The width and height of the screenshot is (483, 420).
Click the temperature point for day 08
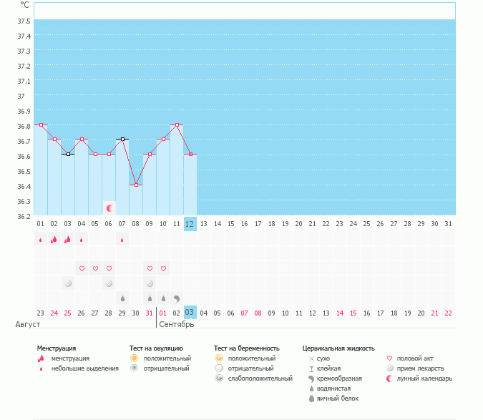point(136,185)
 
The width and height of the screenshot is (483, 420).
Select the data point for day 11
point(177,124)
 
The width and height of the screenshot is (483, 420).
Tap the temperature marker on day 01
point(41,124)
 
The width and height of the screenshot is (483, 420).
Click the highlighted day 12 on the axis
point(190,224)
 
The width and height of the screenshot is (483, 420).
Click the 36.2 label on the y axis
point(24,216)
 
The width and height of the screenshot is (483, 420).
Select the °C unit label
point(25,5)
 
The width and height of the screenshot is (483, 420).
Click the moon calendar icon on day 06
point(109,208)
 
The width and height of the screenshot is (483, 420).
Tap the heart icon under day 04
point(82,269)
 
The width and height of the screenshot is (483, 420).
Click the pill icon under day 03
point(68,283)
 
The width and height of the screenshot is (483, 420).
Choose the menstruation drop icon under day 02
point(54,240)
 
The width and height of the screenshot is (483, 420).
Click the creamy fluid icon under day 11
point(177,298)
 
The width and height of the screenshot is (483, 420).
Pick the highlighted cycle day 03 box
point(190,313)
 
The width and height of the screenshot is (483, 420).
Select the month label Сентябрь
point(175,324)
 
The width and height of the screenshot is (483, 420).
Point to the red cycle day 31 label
point(149,313)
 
